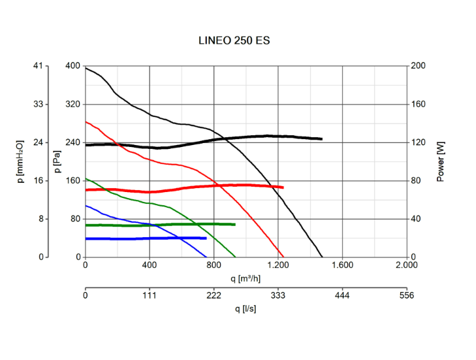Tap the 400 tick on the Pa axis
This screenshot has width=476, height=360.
[x=72, y=66]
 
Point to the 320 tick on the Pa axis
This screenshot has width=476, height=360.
[x=72, y=105]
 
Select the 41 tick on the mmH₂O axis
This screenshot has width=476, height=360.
[x=38, y=66]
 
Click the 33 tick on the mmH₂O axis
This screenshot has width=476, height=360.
[x=38, y=105]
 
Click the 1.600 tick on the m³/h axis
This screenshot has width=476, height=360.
[x=342, y=266]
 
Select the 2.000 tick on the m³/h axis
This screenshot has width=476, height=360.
[x=406, y=266]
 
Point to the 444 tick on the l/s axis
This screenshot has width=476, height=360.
[x=342, y=295]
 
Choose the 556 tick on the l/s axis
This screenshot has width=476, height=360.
[x=406, y=295]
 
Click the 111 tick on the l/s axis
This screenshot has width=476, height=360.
[x=150, y=295]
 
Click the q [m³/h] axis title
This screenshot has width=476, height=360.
[x=246, y=278]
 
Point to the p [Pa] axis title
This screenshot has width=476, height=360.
[x=57, y=161]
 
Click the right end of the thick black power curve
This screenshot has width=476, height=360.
[x=321, y=139]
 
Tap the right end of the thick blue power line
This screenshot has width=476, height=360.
[x=206, y=238]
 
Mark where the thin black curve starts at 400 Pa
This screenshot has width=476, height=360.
[x=86, y=67]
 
